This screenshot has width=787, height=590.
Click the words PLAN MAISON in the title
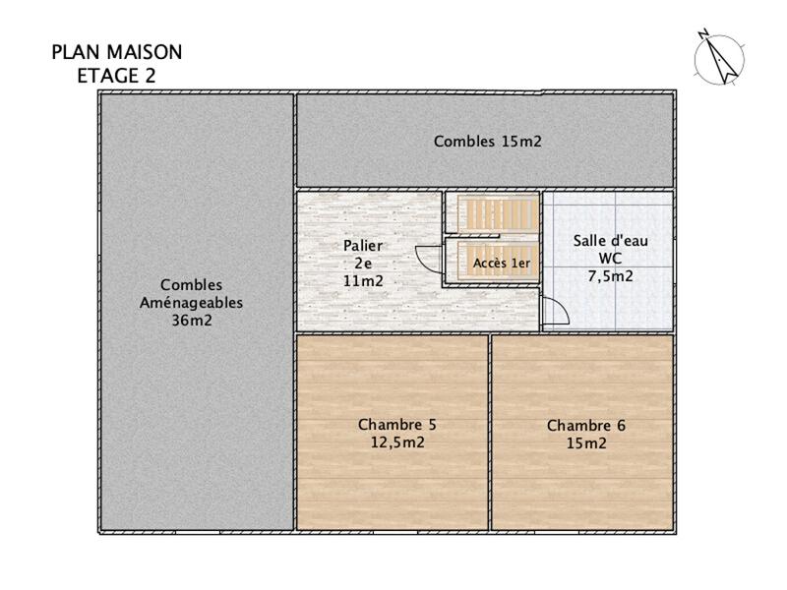116,52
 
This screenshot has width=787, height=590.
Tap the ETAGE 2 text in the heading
116,74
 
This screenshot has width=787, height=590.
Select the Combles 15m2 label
488,142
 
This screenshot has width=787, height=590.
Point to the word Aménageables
191,303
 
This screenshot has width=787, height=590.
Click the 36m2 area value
191,320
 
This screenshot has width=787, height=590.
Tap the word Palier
363,246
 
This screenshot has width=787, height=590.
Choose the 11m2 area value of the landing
363,281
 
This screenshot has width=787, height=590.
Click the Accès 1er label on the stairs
501,264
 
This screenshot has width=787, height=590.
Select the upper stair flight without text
501,213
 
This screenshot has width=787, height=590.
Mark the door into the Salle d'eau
554,313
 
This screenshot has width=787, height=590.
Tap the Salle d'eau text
610,240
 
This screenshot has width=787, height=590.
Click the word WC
610,258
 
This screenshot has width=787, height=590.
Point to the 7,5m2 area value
610,276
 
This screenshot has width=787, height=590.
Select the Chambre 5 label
396,425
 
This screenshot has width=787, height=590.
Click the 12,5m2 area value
396,442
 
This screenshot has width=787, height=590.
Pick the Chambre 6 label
585,426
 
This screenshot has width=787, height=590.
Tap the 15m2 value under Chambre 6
585,443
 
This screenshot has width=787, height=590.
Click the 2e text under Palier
363,264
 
